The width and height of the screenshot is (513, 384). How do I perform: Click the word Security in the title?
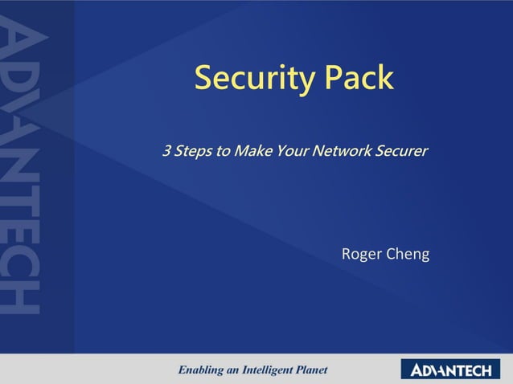(x=255, y=78)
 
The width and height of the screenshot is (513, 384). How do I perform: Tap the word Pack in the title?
(x=359, y=78)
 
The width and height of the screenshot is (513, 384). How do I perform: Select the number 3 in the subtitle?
(x=167, y=150)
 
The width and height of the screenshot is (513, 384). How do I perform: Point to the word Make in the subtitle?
(x=252, y=150)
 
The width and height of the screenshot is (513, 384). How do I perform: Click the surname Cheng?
(x=408, y=255)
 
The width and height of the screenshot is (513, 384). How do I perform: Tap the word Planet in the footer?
(x=312, y=370)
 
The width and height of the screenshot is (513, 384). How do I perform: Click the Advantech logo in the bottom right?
(x=450, y=370)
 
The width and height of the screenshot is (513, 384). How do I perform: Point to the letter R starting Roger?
(x=347, y=255)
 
